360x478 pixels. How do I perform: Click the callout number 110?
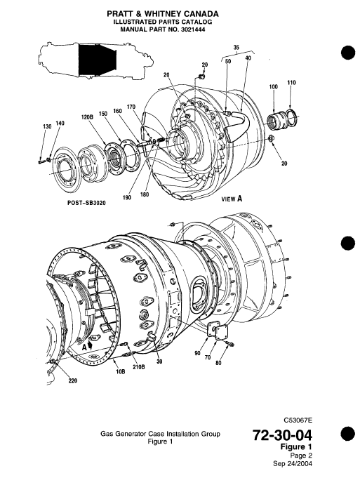(x=291, y=83)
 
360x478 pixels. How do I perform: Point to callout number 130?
(x=47, y=126)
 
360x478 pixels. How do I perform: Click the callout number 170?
(x=131, y=107)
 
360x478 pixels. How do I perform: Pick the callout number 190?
(x=126, y=198)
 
